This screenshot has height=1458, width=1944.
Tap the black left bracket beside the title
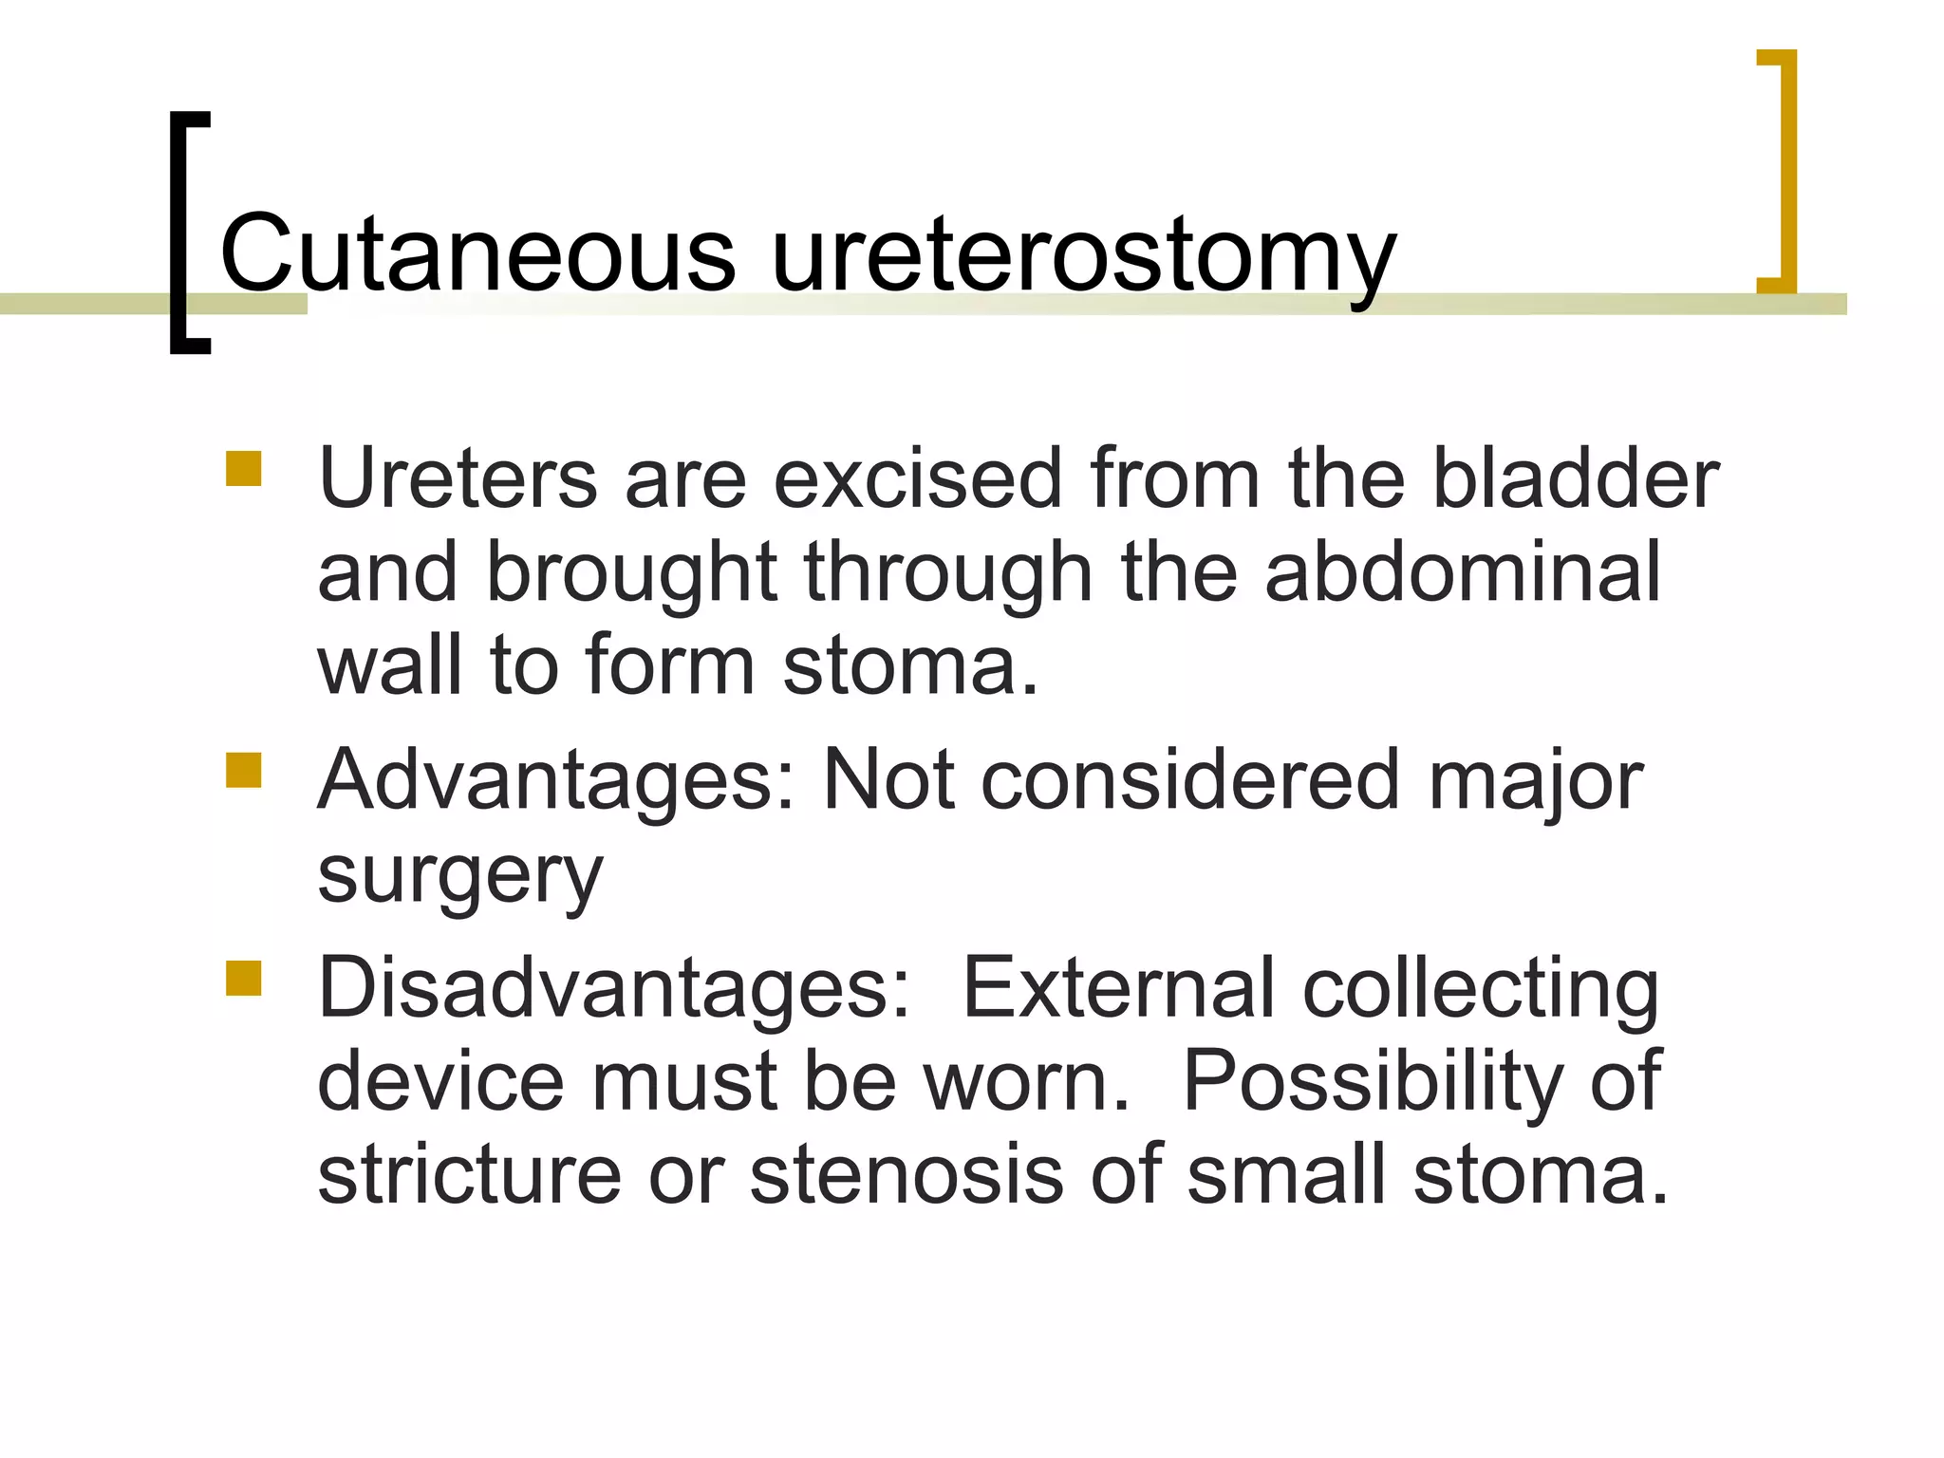click(180, 233)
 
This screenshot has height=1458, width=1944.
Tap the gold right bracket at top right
click(1785, 171)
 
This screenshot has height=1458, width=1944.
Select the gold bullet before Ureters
click(243, 469)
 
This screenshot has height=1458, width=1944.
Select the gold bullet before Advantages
click(243, 770)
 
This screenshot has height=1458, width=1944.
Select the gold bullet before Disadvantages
click(243, 978)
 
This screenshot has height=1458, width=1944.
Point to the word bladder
click(1575, 478)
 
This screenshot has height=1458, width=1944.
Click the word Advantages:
click(556, 781)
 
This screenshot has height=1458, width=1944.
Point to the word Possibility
click(1372, 1082)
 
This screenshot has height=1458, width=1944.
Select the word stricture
click(469, 1175)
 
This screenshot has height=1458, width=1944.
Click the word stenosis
click(907, 1175)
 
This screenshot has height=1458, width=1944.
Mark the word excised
click(916, 478)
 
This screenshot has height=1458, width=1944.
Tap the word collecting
click(1481, 991)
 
